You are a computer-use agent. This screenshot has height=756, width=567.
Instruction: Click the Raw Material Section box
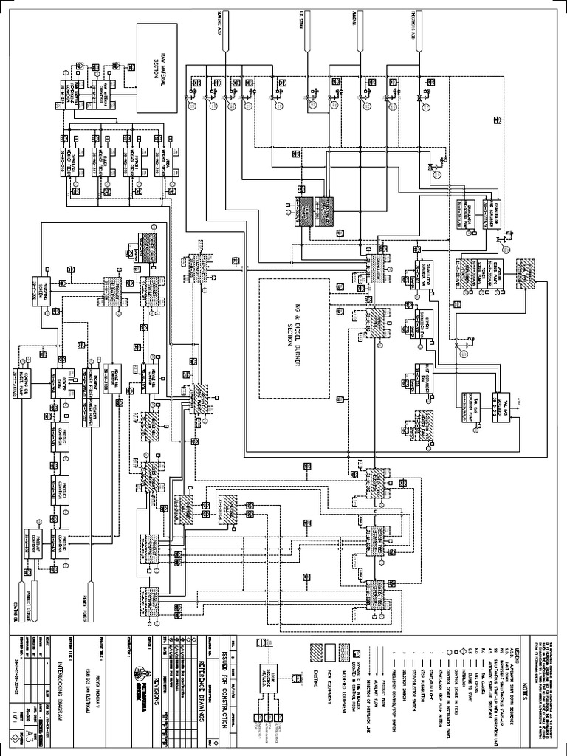(x=156, y=67)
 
